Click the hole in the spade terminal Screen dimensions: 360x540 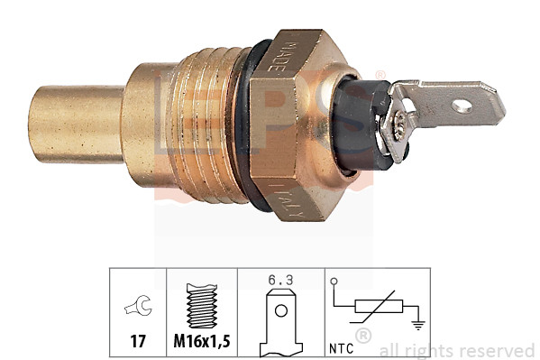(462, 106)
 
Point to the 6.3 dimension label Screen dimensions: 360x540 (281, 280)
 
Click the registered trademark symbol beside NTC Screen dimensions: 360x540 (363, 337)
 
